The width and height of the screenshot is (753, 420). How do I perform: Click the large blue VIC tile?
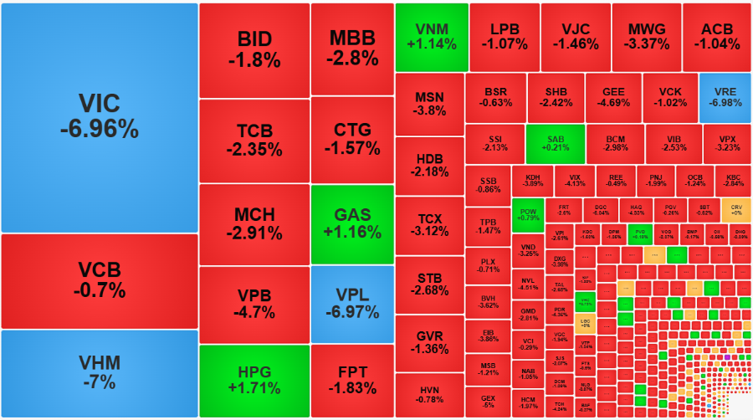coord(99,117)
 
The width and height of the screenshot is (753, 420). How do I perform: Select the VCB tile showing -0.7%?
coord(99,281)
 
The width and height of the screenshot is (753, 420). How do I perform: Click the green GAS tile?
coord(351,224)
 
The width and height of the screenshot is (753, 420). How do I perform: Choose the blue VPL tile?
coord(351,305)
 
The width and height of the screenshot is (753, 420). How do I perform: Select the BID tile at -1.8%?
coord(254,50)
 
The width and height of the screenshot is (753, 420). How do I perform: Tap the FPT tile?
coord(351,380)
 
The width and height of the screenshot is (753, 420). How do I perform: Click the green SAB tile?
coord(556,143)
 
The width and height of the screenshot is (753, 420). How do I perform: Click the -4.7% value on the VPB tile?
coord(254,313)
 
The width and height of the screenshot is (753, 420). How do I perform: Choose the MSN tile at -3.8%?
coord(430,104)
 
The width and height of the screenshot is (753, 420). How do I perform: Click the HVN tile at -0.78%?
coord(430,394)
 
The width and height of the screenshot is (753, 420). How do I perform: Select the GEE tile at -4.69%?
coord(613,97)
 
